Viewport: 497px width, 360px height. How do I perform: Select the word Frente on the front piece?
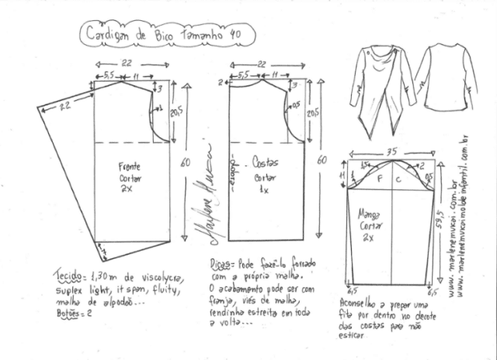tap(128, 166)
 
